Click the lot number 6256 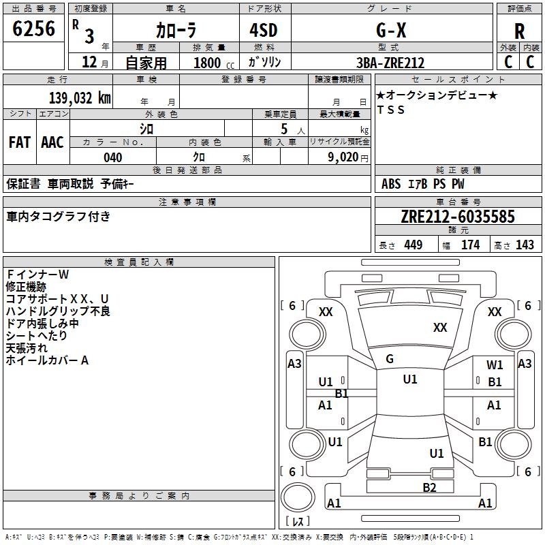tap(34, 29)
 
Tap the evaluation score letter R tap(519, 31)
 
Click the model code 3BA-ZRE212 tap(390, 63)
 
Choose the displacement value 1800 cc tap(212, 63)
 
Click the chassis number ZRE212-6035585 tap(458, 217)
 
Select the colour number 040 tap(112, 157)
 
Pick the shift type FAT tap(19, 142)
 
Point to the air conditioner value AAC tap(52, 142)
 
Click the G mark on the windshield tap(389, 359)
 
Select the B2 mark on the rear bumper tap(429, 487)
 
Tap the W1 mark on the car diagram tap(495, 365)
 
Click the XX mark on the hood tap(440, 328)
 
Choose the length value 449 tap(413, 245)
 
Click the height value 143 tap(525, 245)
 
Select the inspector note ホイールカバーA tap(47, 360)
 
